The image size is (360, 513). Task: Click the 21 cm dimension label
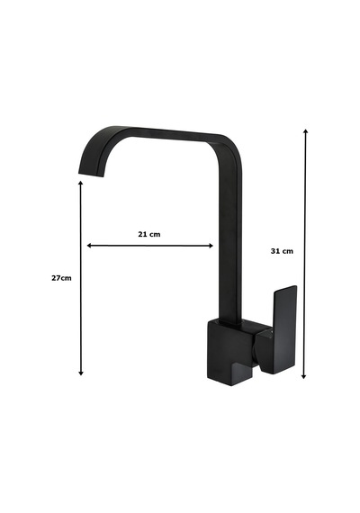click(x=149, y=234)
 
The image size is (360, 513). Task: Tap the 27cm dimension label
click(x=61, y=278)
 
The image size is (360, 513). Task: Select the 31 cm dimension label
click(x=282, y=251)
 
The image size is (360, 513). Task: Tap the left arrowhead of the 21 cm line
click(x=89, y=246)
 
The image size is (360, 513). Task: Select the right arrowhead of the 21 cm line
click(x=211, y=246)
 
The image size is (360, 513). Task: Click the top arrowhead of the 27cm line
click(x=80, y=183)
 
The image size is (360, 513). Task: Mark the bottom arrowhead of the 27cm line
click(x=81, y=373)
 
